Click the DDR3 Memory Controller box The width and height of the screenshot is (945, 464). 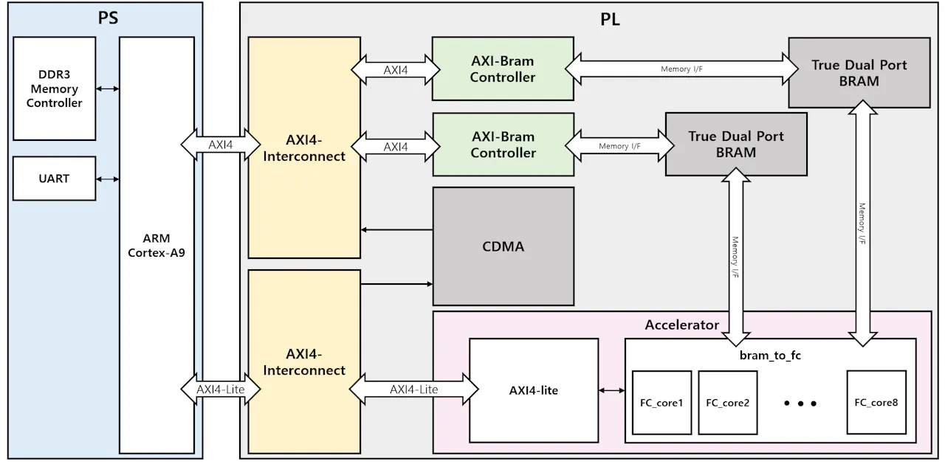pyautogui.click(x=55, y=89)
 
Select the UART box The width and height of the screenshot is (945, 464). pyautogui.click(x=55, y=179)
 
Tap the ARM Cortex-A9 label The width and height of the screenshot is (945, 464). pyautogui.click(x=157, y=245)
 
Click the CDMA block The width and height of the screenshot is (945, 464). pyautogui.click(x=504, y=246)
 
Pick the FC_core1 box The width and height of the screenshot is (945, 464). pyautogui.click(x=661, y=403)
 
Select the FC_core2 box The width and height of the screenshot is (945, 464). pyautogui.click(x=728, y=403)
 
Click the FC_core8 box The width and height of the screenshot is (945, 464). pyautogui.click(x=876, y=402)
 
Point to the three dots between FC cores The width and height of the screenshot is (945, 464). pyautogui.click(x=800, y=404)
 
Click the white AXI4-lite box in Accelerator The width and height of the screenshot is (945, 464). pyautogui.click(x=534, y=390)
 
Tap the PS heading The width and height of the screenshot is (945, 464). pyautogui.click(x=108, y=18)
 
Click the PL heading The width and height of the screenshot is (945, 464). pyautogui.click(x=610, y=19)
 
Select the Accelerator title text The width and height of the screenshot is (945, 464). pyautogui.click(x=681, y=325)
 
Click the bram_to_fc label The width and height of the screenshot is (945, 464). pyautogui.click(x=770, y=356)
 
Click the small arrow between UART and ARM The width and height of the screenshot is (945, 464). pyautogui.click(x=108, y=179)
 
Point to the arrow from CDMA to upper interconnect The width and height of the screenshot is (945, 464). pyautogui.click(x=396, y=229)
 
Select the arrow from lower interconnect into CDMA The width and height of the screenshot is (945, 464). pyautogui.click(x=396, y=284)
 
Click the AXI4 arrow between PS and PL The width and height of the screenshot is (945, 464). pyautogui.click(x=221, y=145)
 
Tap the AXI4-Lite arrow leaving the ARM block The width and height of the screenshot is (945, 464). pyautogui.click(x=221, y=389)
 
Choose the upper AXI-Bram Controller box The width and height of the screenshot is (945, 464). pyautogui.click(x=503, y=69)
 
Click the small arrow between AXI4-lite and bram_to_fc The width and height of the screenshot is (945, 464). pyautogui.click(x=612, y=391)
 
